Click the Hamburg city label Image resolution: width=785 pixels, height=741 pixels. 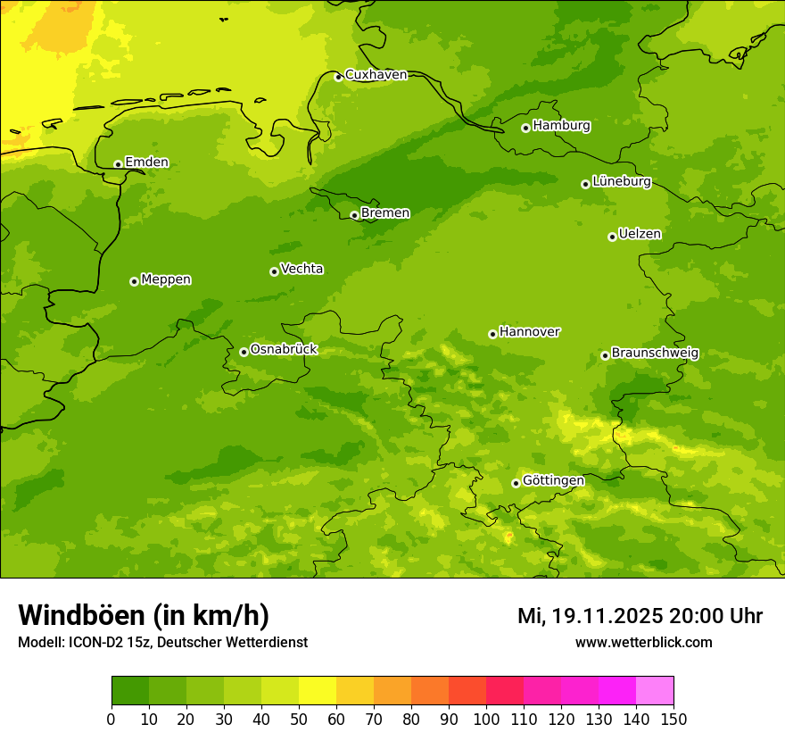pyautogui.click(x=561, y=126)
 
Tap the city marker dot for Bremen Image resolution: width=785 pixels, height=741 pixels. pyautogui.click(x=354, y=215)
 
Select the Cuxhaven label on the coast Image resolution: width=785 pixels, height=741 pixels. pyautogui.click(x=376, y=75)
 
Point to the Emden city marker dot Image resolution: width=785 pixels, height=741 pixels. pyautogui.click(x=118, y=164)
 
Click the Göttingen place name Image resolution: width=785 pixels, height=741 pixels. pyautogui.click(x=553, y=481)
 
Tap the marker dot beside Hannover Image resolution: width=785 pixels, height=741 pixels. pyautogui.click(x=492, y=334)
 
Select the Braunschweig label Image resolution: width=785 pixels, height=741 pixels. pyautogui.click(x=655, y=354)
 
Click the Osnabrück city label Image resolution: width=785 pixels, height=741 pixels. pyautogui.click(x=284, y=350)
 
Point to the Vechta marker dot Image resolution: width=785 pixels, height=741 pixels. pyautogui.click(x=274, y=271)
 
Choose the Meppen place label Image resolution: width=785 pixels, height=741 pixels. pyautogui.click(x=166, y=280)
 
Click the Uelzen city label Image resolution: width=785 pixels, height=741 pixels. pyautogui.click(x=640, y=235)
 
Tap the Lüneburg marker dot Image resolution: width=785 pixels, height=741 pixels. pyautogui.click(x=585, y=184)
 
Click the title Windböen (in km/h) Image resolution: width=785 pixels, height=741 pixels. pyautogui.click(x=144, y=615)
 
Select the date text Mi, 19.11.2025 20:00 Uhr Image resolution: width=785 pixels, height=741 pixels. pyautogui.click(x=640, y=616)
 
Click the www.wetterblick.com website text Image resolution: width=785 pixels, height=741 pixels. pyautogui.click(x=643, y=643)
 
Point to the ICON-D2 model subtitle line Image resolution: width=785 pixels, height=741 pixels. pyautogui.click(x=162, y=643)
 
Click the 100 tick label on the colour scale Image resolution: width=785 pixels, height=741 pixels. pyautogui.click(x=486, y=720)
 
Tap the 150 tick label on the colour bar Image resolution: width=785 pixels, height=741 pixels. pyautogui.click(x=673, y=720)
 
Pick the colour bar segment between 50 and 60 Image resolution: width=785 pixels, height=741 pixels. pyautogui.click(x=318, y=691)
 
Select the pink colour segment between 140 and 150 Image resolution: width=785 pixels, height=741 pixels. pyautogui.click(x=655, y=691)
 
